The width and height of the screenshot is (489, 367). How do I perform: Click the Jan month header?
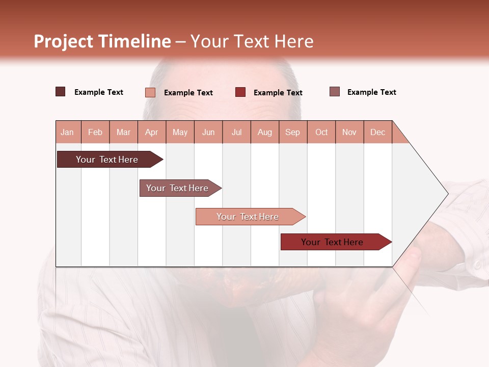pyautogui.click(x=68, y=132)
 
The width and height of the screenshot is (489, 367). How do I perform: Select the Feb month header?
pyautogui.click(x=95, y=132)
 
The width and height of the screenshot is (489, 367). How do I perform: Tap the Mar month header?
pyautogui.click(x=123, y=132)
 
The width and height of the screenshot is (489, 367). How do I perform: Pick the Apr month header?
pyautogui.click(x=152, y=132)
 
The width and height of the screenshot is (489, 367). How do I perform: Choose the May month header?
pyautogui.click(x=180, y=132)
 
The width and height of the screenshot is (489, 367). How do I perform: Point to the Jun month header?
pyautogui.click(x=208, y=132)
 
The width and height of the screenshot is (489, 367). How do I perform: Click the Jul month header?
pyautogui.click(x=236, y=132)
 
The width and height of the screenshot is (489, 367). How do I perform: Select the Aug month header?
pyautogui.click(x=265, y=132)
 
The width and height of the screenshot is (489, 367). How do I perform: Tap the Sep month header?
pyautogui.click(x=293, y=132)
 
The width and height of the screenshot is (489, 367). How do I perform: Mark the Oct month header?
pyautogui.click(x=321, y=132)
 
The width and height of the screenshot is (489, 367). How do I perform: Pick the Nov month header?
pyautogui.click(x=349, y=132)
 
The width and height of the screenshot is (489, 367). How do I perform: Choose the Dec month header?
pyautogui.click(x=378, y=132)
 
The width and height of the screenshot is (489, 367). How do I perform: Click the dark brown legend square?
pyautogui.click(x=61, y=92)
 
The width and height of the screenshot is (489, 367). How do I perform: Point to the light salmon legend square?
pyautogui.click(x=150, y=92)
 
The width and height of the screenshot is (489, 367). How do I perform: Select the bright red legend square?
pyautogui.click(x=240, y=92)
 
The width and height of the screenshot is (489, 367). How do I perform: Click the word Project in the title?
pyautogui.click(x=64, y=41)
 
